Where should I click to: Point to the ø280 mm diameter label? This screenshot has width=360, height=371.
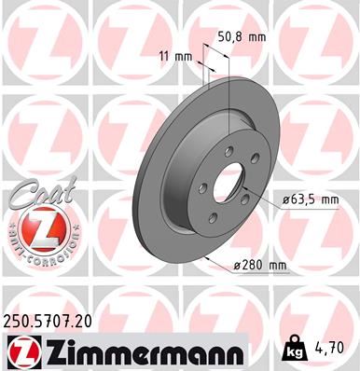click(x=263, y=266)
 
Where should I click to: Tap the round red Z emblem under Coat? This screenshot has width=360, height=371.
click(x=38, y=227)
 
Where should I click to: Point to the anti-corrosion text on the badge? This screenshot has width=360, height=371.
click(x=38, y=254)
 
